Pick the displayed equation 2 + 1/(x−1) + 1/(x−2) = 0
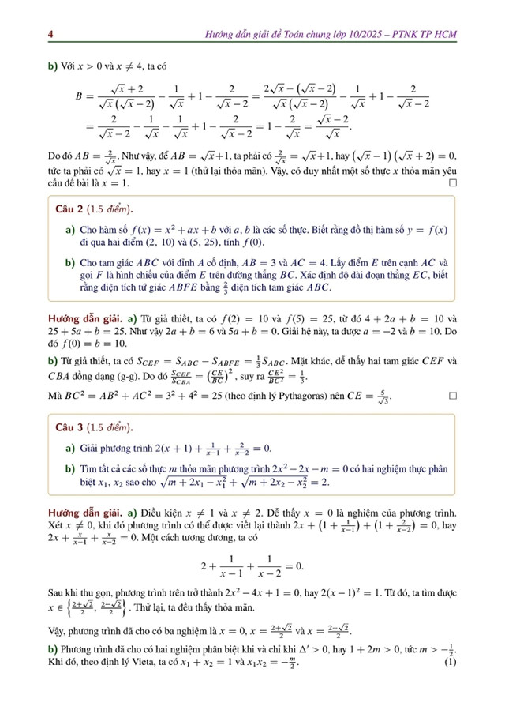252,567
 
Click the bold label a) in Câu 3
70,449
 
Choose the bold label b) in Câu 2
70,262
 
